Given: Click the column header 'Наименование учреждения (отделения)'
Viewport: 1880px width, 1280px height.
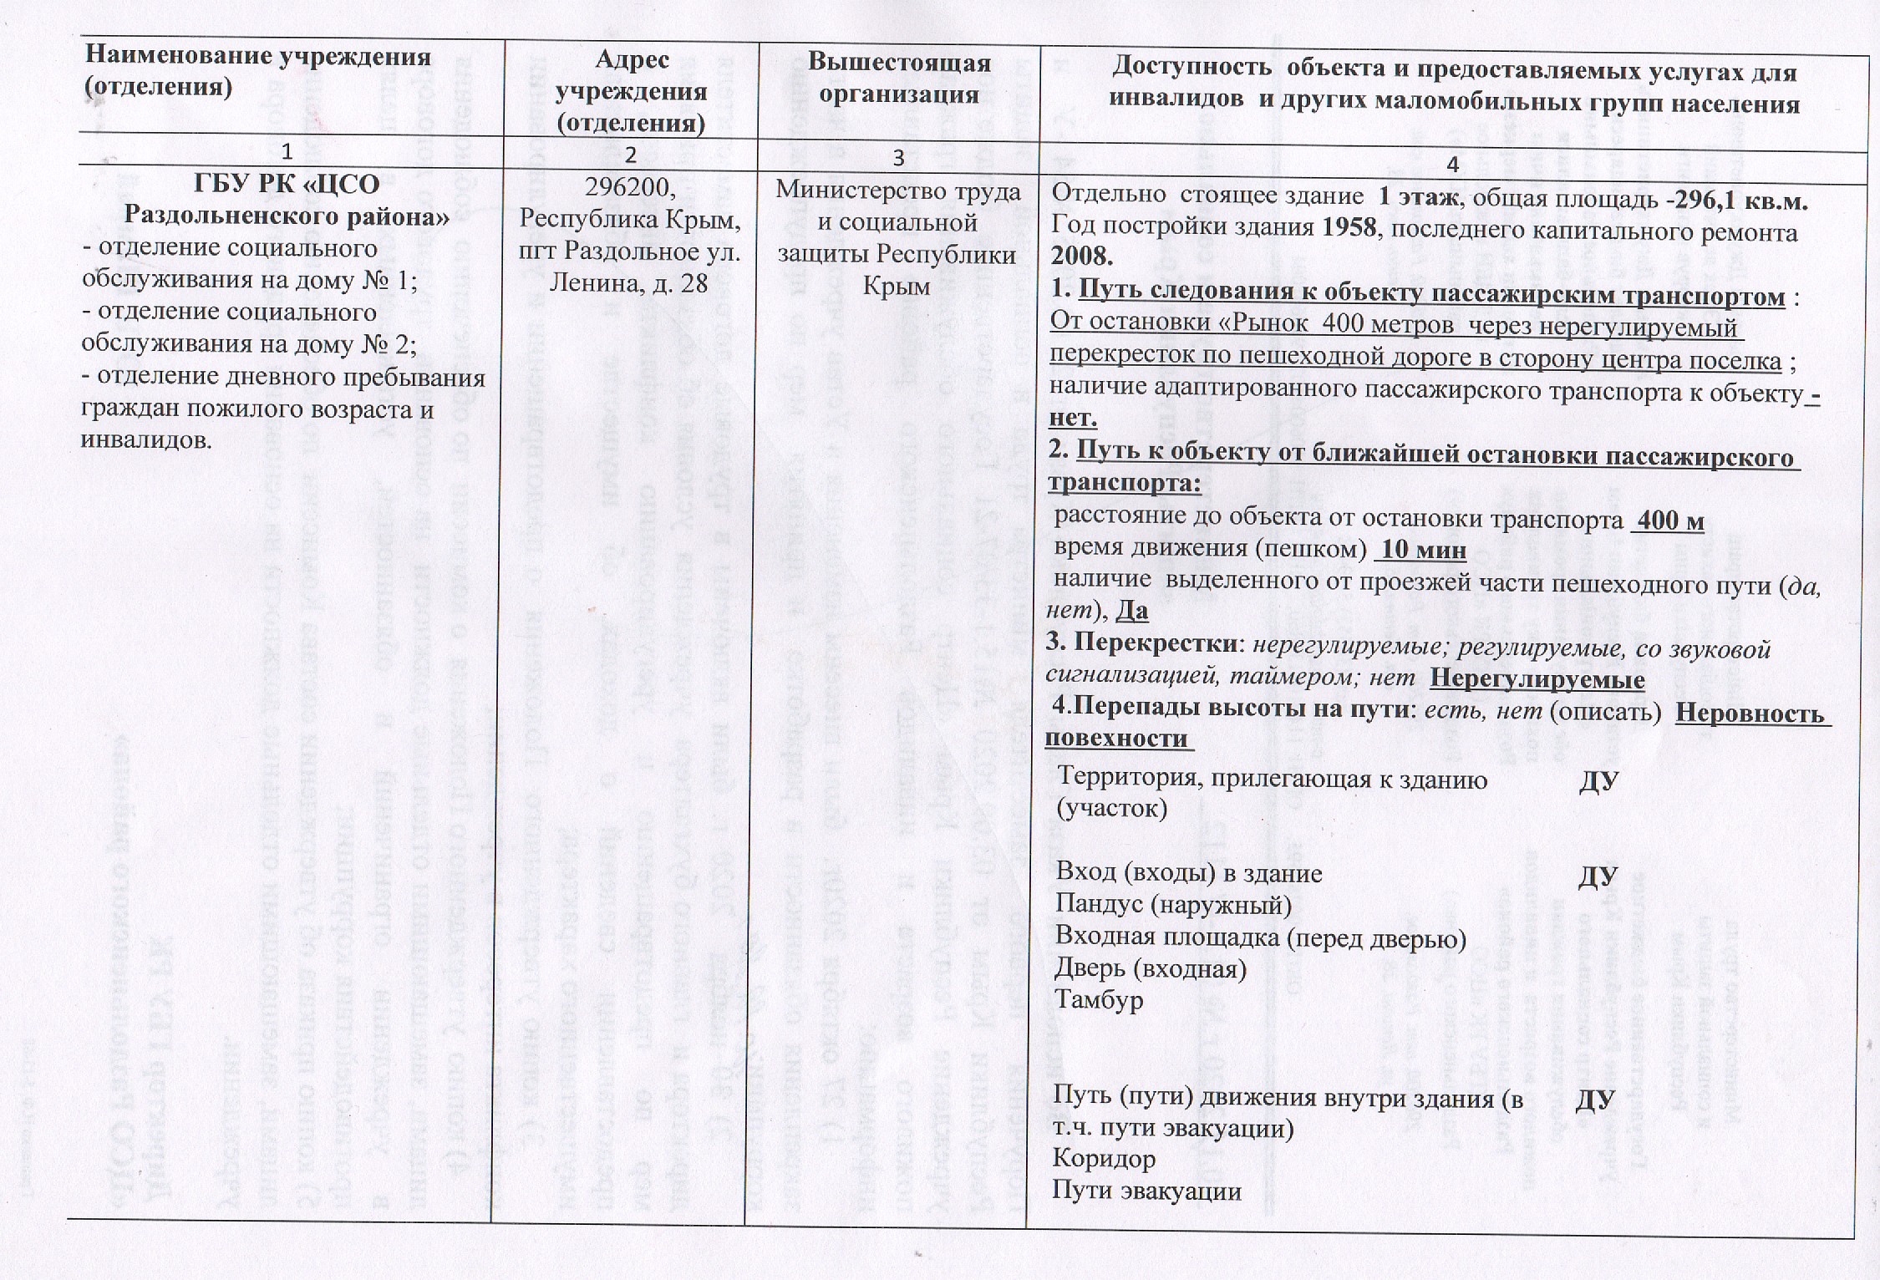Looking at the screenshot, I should [x=259, y=71].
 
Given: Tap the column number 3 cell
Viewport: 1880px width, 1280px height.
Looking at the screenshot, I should [x=898, y=158].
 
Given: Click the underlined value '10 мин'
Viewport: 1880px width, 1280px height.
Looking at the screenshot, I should [x=1420, y=551].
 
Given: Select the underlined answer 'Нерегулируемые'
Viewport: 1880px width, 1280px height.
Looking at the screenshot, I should [x=1537, y=678].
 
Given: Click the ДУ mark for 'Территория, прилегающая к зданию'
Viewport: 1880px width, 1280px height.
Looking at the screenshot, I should [x=1598, y=781].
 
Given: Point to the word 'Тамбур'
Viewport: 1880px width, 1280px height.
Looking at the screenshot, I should [x=1098, y=1001].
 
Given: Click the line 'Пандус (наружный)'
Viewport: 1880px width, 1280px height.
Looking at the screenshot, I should [x=1173, y=905].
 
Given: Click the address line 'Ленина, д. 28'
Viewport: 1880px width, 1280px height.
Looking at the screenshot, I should [x=628, y=284].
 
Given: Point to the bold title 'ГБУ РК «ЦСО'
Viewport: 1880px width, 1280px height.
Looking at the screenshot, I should [x=287, y=184].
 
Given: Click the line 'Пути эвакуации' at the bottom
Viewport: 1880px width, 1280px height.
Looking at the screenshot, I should [x=1147, y=1191].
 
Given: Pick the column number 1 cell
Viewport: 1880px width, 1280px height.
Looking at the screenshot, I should [x=287, y=153].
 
